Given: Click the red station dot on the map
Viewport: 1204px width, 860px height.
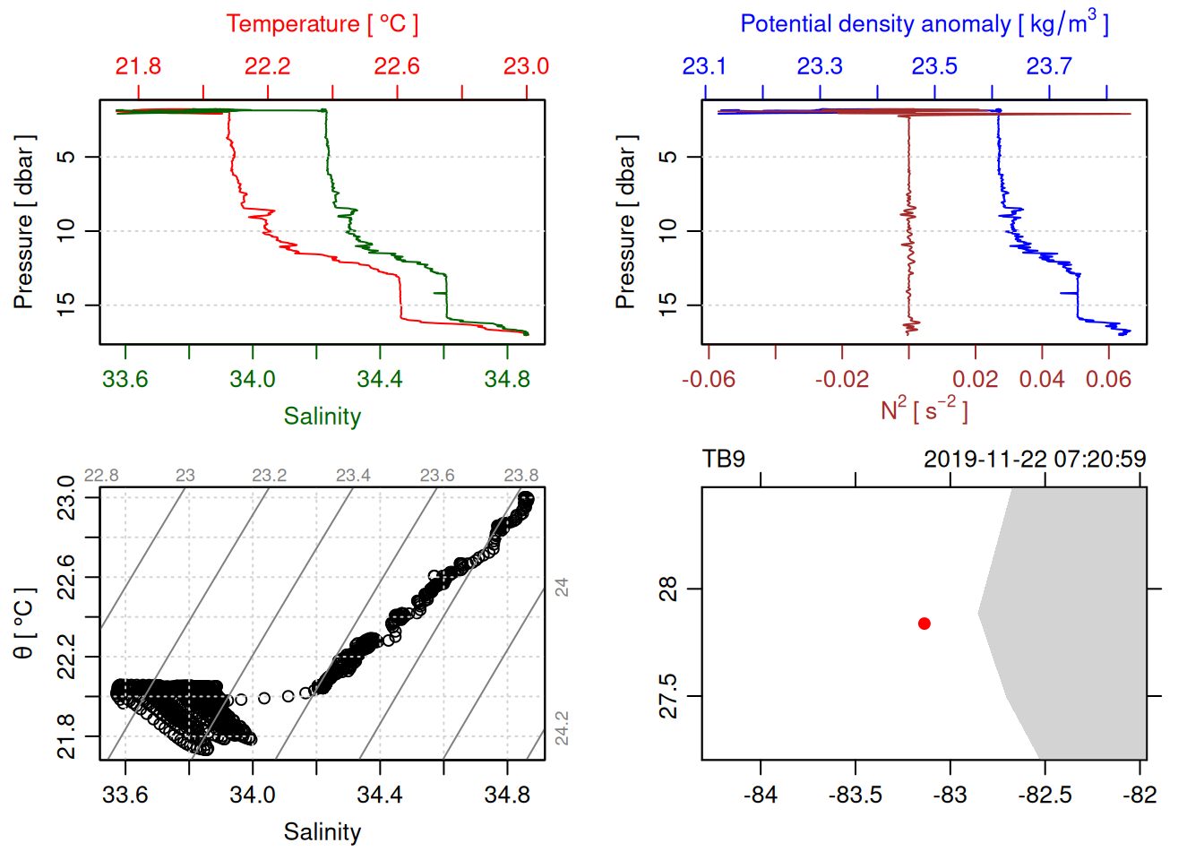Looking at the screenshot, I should point(924,623).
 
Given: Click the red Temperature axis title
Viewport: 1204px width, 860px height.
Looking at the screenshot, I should point(322,24).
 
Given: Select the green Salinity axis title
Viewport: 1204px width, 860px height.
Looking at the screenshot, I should point(322,417).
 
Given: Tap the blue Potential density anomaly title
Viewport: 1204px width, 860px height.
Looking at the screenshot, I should point(924,24).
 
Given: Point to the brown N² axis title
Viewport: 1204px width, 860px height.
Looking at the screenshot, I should point(924,409).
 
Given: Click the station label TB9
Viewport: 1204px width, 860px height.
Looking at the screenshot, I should point(724,460).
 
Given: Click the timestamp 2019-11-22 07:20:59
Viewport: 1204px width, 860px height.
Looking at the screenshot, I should point(1035,460).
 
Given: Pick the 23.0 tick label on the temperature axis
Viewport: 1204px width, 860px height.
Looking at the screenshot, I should point(526,66).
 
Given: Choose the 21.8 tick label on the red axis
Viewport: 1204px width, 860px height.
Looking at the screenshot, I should point(138,66).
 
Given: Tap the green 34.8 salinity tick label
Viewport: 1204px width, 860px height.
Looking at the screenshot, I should point(507,379).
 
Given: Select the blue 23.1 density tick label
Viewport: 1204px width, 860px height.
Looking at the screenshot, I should point(704,66).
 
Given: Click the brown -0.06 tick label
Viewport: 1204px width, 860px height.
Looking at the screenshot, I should point(708,379).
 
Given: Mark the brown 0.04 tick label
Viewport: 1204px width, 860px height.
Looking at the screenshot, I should point(1042,379).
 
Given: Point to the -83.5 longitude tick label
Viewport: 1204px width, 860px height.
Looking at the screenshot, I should point(855,795).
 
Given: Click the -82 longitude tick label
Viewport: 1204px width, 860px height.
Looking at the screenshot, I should point(1139,795).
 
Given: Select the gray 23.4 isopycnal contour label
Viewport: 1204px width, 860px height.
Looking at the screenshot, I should point(353,475).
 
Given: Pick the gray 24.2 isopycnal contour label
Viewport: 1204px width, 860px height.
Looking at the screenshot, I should point(562,727).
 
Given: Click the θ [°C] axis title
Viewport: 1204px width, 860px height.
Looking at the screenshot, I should point(24,623).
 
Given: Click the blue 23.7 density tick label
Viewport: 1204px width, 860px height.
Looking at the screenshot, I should point(1049,66).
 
